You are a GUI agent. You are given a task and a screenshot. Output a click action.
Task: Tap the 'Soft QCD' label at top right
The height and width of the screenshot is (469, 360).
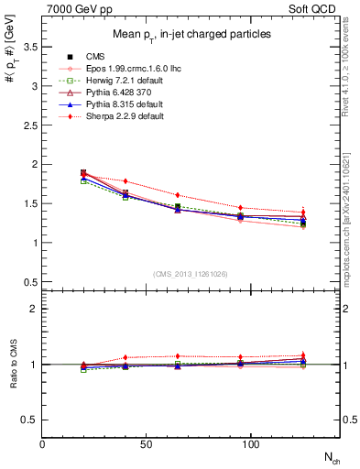tap(315, 7)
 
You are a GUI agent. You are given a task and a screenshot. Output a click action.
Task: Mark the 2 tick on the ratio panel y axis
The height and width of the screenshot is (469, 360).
tap(35, 309)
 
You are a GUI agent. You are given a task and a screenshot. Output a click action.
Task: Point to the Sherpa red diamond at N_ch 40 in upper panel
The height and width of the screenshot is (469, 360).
tap(125, 181)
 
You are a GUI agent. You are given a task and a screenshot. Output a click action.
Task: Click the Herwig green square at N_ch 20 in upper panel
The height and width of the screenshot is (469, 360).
tap(83, 181)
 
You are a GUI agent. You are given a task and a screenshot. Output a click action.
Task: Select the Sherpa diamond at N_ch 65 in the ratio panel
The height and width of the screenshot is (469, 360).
tap(178, 355)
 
